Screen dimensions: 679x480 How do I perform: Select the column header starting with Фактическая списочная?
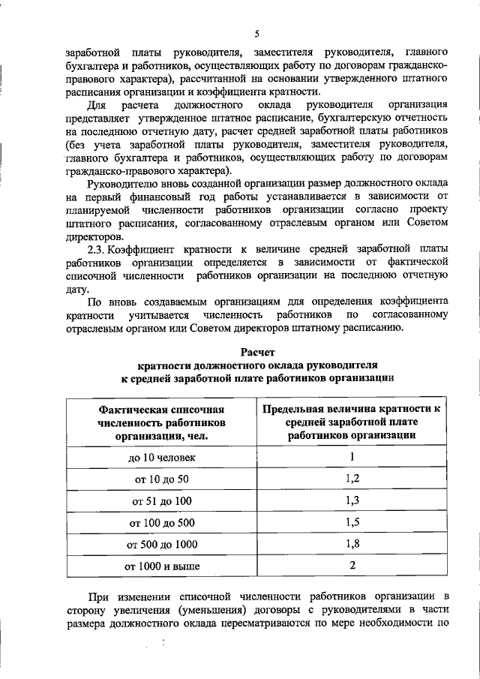coord(161,422)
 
